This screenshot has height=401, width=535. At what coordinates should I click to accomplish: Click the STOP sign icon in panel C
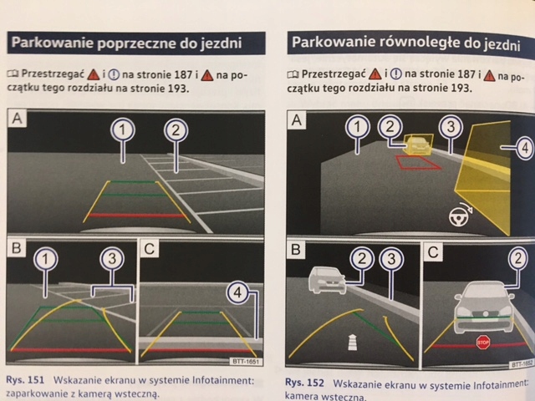(x=482, y=343)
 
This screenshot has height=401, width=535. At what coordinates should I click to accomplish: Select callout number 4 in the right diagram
(x=524, y=149)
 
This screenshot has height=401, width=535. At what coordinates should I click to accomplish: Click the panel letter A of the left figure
(x=18, y=119)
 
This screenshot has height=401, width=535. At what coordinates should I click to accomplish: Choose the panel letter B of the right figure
(x=296, y=249)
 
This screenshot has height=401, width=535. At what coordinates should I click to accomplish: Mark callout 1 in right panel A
(x=358, y=128)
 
